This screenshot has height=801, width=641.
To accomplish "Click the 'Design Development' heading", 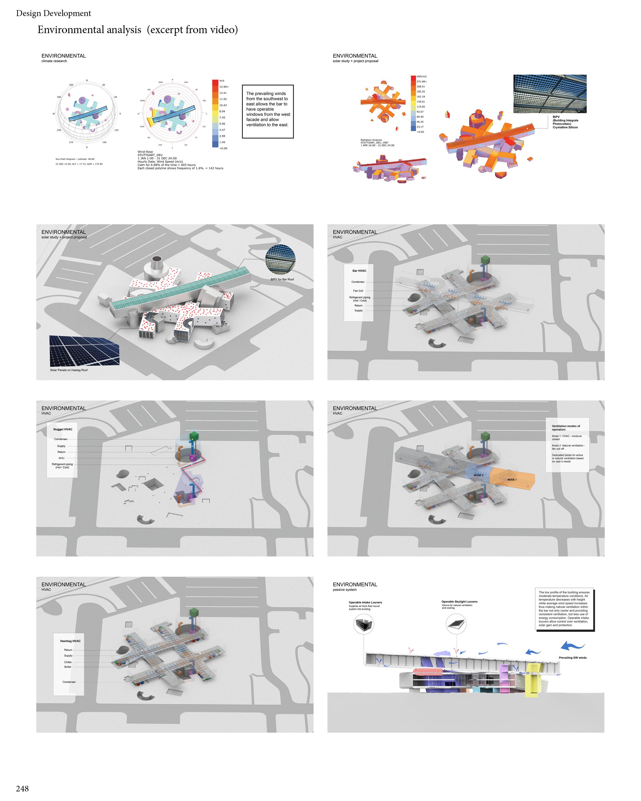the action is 53,13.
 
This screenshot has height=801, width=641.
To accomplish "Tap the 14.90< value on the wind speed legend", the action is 224,87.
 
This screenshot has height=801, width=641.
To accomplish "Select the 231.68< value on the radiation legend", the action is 421,81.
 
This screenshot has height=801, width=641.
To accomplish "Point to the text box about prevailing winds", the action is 268,111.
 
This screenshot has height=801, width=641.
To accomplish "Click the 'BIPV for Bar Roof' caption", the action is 282,279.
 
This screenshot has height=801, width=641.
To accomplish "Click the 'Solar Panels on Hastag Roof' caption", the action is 69,370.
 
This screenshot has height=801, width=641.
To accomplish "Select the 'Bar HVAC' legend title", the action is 359,271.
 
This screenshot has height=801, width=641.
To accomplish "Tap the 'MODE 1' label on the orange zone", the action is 512,480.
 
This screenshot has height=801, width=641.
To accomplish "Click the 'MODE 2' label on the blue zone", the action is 478,475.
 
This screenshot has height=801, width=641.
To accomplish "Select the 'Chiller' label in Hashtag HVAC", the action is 68,662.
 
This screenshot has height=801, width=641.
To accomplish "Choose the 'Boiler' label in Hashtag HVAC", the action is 68,667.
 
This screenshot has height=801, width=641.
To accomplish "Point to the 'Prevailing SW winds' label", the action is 573,658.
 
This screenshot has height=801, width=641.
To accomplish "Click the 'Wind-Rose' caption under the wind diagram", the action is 145,152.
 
